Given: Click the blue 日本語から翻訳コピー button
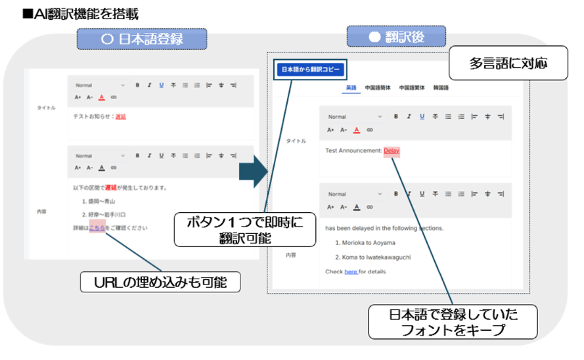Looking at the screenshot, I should (x=308, y=69).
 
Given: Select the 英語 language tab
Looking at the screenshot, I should (x=351, y=87).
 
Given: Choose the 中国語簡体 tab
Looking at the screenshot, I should (x=378, y=87).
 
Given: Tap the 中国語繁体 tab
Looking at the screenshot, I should (x=411, y=87).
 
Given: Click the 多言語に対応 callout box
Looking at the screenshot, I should (x=508, y=64).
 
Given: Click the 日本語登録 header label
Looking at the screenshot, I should (x=142, y=39).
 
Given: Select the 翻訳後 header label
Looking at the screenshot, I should (x=396, y=37).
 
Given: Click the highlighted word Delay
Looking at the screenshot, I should (x=392, y=150).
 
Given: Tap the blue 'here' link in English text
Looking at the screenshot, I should (x=351, y=271).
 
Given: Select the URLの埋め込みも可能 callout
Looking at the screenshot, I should (x=160, y=282).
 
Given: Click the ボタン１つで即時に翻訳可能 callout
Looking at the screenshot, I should (x=245, y=229).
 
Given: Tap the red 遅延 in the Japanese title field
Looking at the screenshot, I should (x=120, y=117).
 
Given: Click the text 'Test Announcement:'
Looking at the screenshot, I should (x=353, y=150).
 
